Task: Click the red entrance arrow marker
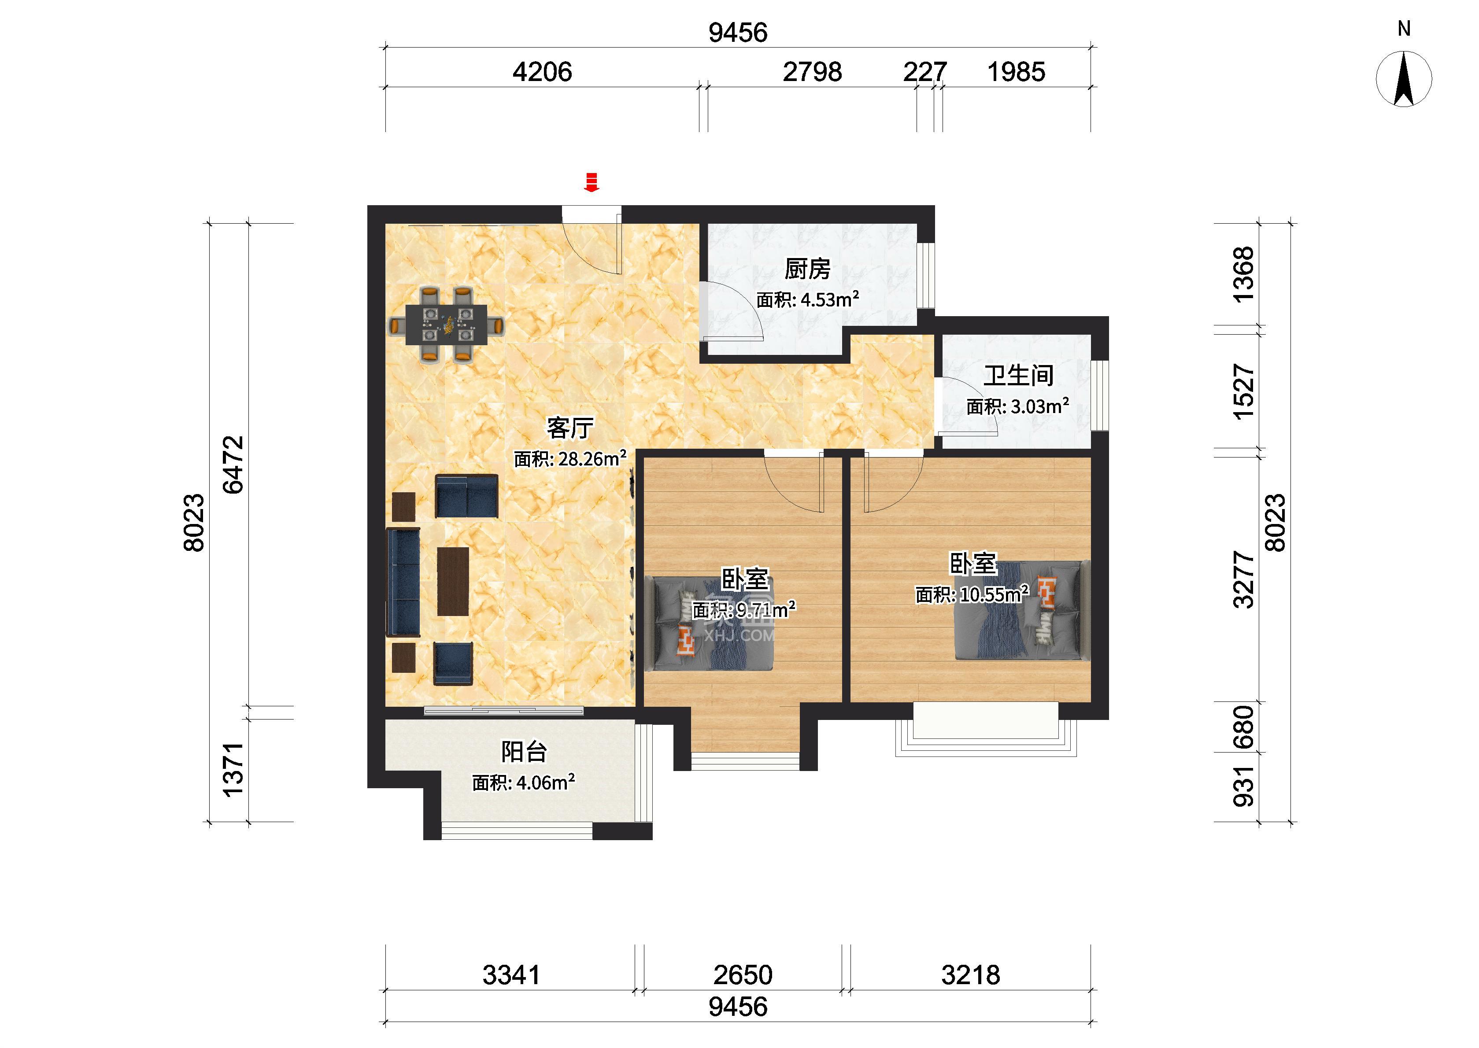click(591, 183)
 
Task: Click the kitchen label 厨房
click(807, 269)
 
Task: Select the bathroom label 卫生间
click(1018, 376)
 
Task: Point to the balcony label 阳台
click(524, 752)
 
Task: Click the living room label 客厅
click(570, 427)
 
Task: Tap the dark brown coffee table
click(453, 581)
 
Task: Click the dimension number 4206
click(542, 72)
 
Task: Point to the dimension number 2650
click(743, 975)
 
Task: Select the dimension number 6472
click(233, 465)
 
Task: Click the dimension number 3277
click(1243, 579)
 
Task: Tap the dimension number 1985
click(1017, 72)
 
